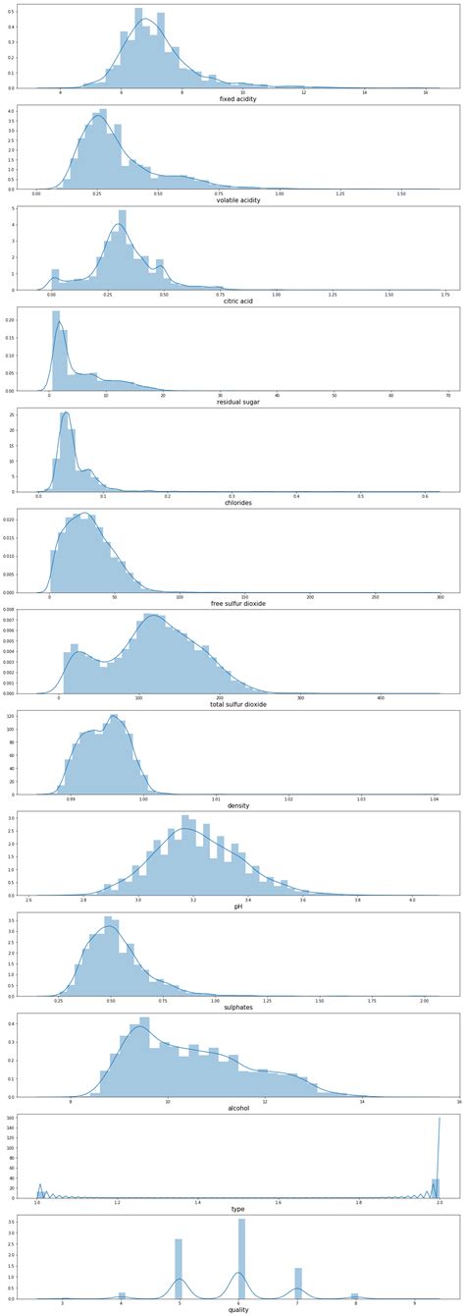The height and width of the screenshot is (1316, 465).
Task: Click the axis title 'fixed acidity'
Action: pos(238,99)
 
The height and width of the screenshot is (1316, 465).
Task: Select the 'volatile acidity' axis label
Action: pos(238,199)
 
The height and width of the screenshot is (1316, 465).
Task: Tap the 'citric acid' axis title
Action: pos(238,301)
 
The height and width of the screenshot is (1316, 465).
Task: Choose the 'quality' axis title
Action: pos(238,1309)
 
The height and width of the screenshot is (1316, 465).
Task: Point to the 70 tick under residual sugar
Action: pos(448,394)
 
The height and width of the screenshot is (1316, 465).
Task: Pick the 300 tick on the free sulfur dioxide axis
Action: pos(440,596)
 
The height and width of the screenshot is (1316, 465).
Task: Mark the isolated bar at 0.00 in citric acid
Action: pos(55,280)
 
